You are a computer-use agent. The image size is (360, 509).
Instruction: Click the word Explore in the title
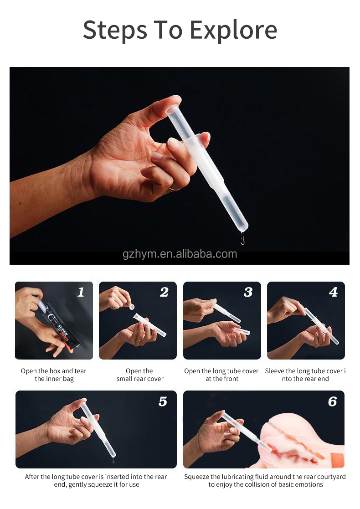click(x=233, y=30)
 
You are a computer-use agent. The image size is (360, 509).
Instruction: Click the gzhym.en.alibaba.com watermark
click(x=180, y=254)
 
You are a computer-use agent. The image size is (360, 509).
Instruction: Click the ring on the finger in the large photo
click(x=174, y=188)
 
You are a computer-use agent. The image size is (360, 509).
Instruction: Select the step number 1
click(x=81, y=292)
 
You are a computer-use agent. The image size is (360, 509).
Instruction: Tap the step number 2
click(x=164, y=292)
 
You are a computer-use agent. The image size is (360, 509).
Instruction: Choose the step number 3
click(x=248, y=292)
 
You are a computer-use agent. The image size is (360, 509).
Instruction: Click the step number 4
click(x=333, y=292)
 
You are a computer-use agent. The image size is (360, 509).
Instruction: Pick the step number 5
click(x=163, y=401)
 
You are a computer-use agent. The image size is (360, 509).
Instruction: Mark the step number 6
click(x=332, y=401)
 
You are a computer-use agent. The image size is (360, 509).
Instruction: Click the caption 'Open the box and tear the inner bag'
click(x=54, y=375)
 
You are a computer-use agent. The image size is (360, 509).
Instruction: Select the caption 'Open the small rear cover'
click(x=139, y=375)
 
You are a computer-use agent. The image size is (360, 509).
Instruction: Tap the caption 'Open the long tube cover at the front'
click(x=221, y=375)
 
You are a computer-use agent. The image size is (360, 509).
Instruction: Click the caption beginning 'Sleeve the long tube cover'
click(x=305, y=375)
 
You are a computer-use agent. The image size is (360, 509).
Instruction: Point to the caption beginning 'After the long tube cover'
click(x=96, y=480)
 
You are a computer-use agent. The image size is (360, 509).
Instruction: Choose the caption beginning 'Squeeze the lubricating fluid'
click(x=265, y=480)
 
